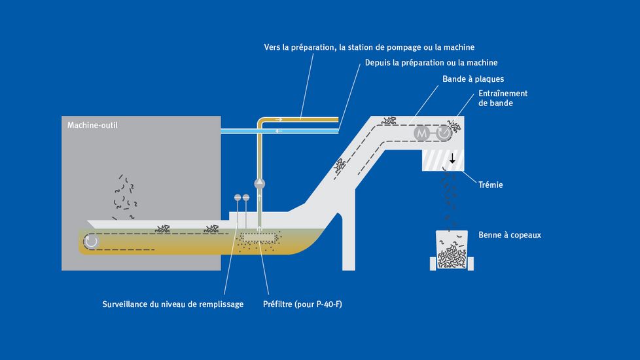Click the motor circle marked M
421,133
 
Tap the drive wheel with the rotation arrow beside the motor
443,133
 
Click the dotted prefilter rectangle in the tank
257,237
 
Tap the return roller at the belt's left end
91,242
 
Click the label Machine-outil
93,125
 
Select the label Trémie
490,185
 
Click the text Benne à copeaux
510,235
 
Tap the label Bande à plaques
473,79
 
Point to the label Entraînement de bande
503,98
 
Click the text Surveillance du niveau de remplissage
173,304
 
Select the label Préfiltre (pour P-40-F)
302,304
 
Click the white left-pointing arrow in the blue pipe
280,131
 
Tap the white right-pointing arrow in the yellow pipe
279,120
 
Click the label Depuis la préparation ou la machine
431,63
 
